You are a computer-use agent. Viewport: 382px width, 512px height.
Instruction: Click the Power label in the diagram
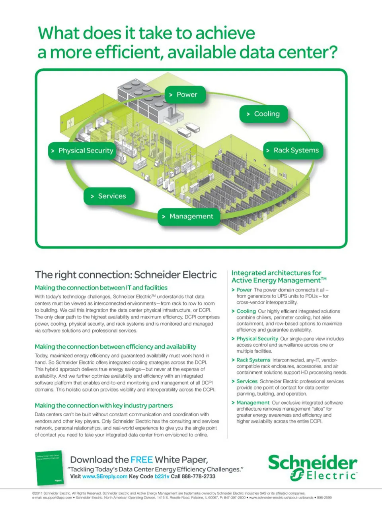185,95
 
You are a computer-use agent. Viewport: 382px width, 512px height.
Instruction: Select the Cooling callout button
263,114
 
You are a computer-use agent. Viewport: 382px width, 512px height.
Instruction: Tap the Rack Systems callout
293,151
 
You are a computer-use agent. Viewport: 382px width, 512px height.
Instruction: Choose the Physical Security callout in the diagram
82,151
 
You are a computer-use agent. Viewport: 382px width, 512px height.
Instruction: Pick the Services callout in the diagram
109,196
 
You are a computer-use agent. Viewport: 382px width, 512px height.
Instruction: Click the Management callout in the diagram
189,216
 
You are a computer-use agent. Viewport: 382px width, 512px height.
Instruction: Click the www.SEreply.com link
105,476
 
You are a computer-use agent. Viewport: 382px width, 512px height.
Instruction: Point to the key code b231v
162,476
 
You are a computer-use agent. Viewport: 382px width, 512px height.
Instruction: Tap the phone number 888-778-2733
199,476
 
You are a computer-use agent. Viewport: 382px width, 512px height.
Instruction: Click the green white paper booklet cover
49,468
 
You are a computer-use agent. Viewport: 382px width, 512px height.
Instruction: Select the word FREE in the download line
141,460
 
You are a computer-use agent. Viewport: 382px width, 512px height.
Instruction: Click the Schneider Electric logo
312,468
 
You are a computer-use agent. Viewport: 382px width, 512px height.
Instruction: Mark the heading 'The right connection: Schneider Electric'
126,275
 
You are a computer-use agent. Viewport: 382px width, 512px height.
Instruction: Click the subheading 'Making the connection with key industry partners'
103,406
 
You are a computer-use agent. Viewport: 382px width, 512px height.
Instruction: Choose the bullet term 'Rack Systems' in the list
253,360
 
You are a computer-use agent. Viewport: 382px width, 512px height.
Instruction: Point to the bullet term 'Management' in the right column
253,403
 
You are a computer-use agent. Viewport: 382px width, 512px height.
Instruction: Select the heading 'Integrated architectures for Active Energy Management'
279,276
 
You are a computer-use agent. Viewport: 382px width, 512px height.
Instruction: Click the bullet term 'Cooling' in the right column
246,311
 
